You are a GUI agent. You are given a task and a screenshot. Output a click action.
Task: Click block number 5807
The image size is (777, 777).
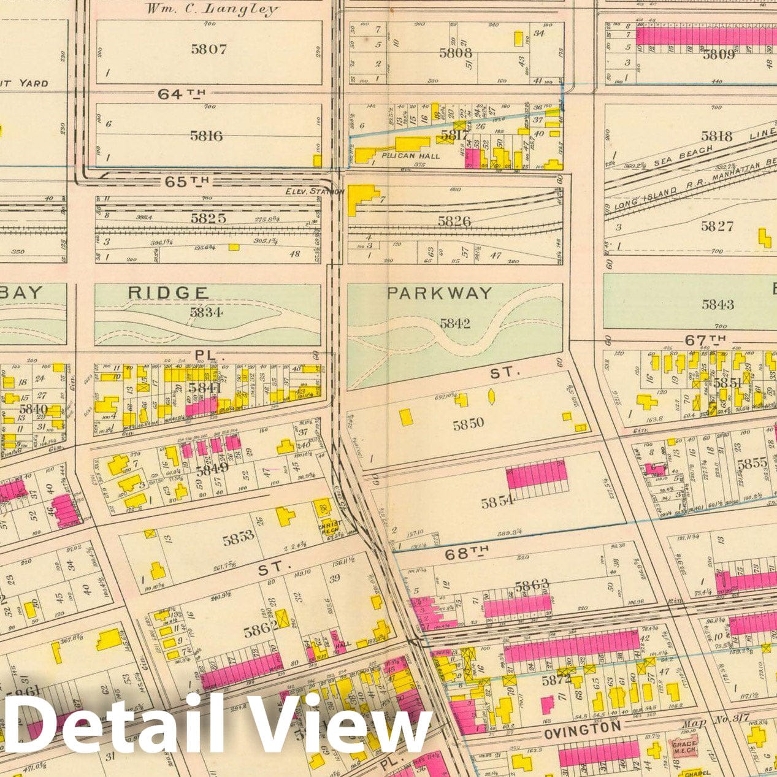(x=209, y=50)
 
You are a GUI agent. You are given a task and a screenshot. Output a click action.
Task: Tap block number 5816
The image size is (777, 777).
(x=206, y=136)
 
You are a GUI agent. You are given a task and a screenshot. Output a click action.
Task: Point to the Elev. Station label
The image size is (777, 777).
(x=308, y=191)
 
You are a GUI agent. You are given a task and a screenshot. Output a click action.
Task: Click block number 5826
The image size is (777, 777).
(x=454, y=221)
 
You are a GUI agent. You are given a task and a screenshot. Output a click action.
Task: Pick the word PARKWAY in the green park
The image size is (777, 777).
(x=439, y=293)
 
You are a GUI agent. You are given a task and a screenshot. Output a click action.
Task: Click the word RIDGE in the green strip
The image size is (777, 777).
(x=167, y=293)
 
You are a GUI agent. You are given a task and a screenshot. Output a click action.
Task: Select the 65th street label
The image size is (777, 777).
(x=187, y=182)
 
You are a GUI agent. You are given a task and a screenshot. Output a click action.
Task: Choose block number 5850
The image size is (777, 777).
(x=469, y=423)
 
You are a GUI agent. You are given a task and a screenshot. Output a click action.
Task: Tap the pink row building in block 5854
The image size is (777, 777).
(x=535, y=475)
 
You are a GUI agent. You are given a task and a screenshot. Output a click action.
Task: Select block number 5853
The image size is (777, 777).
(x=238, y=539)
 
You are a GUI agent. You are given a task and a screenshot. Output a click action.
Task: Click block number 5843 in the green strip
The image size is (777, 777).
(x=718, y=304)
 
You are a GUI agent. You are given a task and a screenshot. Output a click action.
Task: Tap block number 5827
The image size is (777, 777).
(x=717, y=226)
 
